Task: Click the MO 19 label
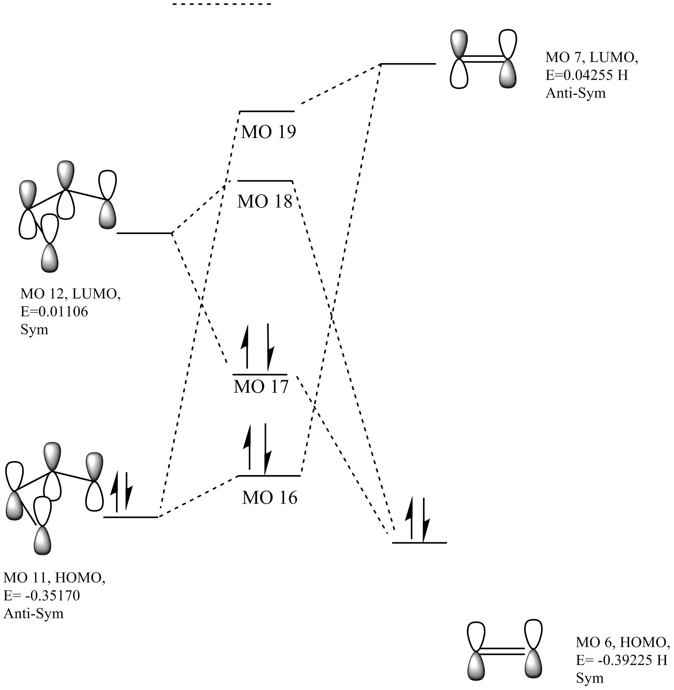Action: (x=269, y=132)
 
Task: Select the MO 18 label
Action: (x=265, y=201)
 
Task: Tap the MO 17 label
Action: (x=261, y=387)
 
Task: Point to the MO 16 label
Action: (x=269, y=498)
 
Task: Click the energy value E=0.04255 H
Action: (x=587, y=75)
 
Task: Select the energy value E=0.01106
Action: (x=54, y=312)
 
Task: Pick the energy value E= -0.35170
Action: (x=42, y=596)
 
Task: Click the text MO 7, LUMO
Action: (x=591, y=57)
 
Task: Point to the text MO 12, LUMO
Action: (x=71, y=294)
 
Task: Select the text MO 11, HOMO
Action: (x=54, y=578)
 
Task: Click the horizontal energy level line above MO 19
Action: (x=267, y=112)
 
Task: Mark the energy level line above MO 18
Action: (x=265, y=181)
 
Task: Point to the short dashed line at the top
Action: (x=222, y=4)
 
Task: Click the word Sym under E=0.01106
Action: (x=34, y=330)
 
